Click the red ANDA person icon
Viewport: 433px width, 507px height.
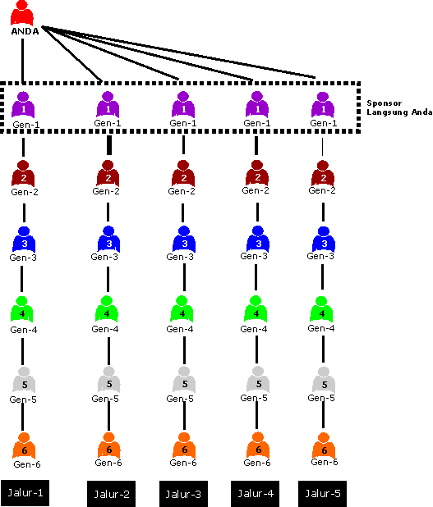[x=22, y=13]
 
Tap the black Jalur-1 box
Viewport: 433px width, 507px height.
[x=25, y=493]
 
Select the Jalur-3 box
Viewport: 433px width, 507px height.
[x=183, y=494]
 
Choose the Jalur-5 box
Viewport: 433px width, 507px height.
[x=323, y=494]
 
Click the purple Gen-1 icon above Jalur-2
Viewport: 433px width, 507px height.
[x=108, y=104]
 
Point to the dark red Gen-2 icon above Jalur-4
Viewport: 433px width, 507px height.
[x=257, y=173]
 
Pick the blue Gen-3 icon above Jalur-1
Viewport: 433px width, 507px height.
[x=24, y=240]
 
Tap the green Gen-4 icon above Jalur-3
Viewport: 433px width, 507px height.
[x=182, y=309]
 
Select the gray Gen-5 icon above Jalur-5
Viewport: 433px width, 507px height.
[x=324, y=380]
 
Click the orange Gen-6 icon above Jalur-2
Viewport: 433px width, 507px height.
[x=108, y=445]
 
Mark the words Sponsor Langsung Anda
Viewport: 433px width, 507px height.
[x=399, y=107]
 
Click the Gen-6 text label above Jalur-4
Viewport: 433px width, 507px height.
[x=257, y=463]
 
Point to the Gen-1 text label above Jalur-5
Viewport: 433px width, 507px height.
[x=324, y=123]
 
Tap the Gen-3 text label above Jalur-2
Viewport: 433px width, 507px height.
[x=104, y=257]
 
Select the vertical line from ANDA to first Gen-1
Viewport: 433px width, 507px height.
[x=23, y=61]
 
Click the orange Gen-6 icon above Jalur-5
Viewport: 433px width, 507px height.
[x=324, y=446]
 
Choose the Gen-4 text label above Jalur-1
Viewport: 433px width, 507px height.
[x=24, y=330]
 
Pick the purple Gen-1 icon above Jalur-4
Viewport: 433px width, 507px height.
[x=257, y=104]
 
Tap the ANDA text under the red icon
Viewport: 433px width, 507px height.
[x=25, y=31]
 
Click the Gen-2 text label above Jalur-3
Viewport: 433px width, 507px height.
[x=182, y=191]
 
